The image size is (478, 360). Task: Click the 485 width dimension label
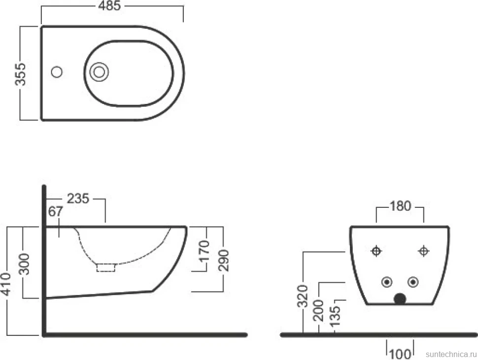point(109,6)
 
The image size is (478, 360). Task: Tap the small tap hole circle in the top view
point(57,72)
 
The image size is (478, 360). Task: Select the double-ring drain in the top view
point(99,72)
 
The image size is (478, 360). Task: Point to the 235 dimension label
point(78,198)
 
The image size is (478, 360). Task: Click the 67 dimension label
point(56,211)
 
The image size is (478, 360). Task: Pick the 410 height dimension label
point(5,284)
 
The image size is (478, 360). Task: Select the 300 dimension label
point(24,264)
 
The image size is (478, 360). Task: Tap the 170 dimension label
point(204,251)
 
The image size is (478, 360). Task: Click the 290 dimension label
point(223,261)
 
